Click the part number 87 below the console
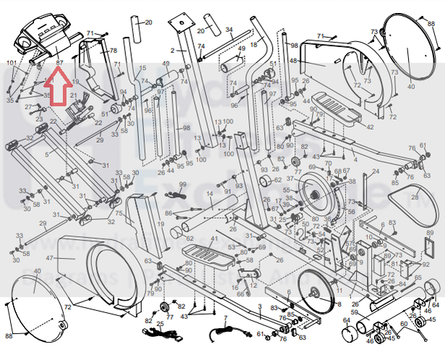[x=59, y=64]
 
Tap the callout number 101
[x=11, y=64]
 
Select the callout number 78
[x=113, y=50]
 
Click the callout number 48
[x=293, y=61]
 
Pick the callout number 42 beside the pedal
[x=370, y=127]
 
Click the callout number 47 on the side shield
[x=50, y=259]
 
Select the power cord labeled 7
[x=224, y=331]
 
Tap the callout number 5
[x=47, y=154]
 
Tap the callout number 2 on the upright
[x=173, y=51]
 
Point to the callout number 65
[x=418, y=278]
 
